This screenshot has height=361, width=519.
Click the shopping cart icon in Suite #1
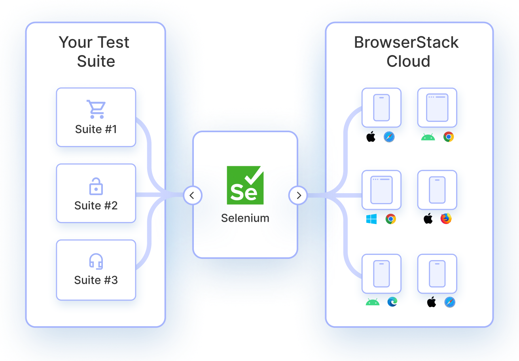[96, 109]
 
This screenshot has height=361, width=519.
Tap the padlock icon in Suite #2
[96, 186]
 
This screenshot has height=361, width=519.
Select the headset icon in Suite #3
[96, 262]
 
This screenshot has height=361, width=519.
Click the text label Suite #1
[96, 129]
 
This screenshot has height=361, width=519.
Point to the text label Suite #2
[96, 205]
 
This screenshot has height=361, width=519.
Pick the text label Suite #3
[96, 280]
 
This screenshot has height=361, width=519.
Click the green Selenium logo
[245, 185]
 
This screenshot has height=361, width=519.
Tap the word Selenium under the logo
[245, 218]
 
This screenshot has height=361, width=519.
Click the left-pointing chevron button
[193, 195]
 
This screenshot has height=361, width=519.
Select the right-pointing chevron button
[298, 195]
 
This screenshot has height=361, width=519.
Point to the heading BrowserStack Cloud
[407, 52]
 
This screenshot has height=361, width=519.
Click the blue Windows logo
[371, 219]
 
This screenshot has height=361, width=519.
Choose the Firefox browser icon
[446, 219]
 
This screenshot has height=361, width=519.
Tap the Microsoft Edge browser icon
[392, 302]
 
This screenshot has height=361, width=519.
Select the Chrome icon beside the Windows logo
[391, 219]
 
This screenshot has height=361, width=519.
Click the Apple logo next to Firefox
[428, 218]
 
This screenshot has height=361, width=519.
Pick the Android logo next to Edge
[372, 302]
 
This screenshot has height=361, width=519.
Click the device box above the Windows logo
[381, 190]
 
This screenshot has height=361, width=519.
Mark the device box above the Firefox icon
[437, 190]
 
